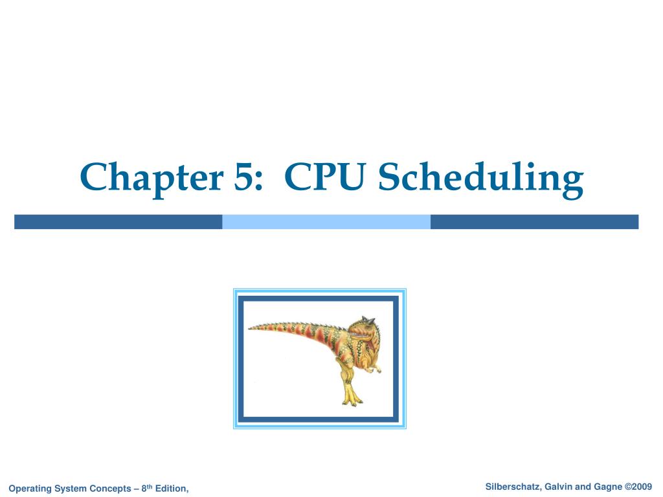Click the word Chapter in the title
click(x=147, y=178)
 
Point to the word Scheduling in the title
click(x=480, y=178)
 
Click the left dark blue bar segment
click(x=118, y=222)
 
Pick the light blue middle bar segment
click(x=326, y=222)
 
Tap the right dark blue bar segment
click(x=534, y=222)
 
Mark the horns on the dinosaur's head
click(x=368, y=320)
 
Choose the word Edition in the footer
click(x=173, y=488)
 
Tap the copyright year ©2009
click(x=638, y=486)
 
